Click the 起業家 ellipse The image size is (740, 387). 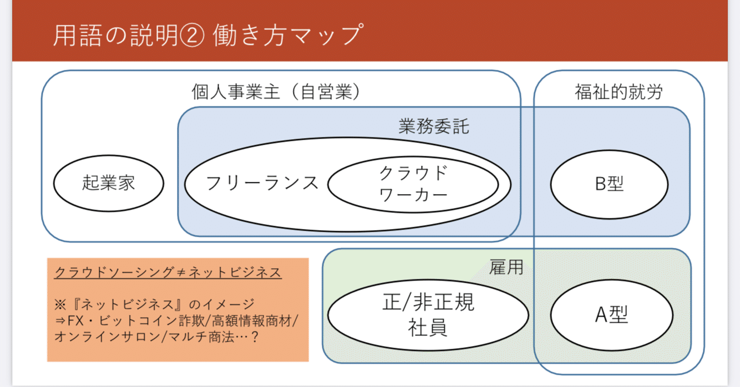coord(109,183)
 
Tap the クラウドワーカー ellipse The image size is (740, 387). coord(413,184)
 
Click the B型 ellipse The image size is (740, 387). coord(609,184)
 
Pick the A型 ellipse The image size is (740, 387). coord(611,315)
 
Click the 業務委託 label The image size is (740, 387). coord(433,126)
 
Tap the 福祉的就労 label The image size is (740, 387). coord(619,92)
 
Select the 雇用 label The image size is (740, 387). coord(506,268)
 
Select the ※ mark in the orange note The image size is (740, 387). coord(60,304)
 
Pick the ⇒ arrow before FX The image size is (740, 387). coord(60,320)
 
